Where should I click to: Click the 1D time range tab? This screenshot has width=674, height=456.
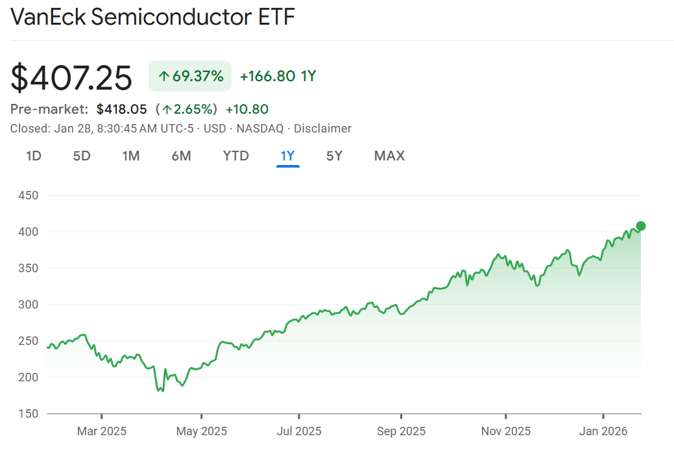[x=34, y=156]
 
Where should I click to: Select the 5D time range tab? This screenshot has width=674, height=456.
[x=82, y=156]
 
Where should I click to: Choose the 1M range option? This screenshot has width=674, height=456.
[x=131, y=156]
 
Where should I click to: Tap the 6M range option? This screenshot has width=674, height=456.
[x=181, y=156]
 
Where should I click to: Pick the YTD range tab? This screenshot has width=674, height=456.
[x=235, y=156]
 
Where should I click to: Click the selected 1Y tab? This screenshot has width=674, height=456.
[x=287, y=156]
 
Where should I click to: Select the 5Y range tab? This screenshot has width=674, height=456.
[x=334, y=156]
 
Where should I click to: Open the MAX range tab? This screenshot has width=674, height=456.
[x=389, y=156]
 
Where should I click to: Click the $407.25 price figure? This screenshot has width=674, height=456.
[x=71, y=77]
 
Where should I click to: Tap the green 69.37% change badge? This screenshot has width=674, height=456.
[x=190, y=76]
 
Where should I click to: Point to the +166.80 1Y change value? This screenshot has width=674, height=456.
[x=278, y=76]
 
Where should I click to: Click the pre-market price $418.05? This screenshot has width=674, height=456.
[x=122, y=109]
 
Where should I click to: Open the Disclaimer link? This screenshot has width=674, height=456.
[x=322, y=129]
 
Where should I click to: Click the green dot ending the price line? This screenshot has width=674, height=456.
[x=641, y=226]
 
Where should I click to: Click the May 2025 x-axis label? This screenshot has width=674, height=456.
[x=202, y=431]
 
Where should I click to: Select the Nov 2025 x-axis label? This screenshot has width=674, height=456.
[x=505, y=431]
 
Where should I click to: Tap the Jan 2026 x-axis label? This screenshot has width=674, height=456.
[x=603, y=431]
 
